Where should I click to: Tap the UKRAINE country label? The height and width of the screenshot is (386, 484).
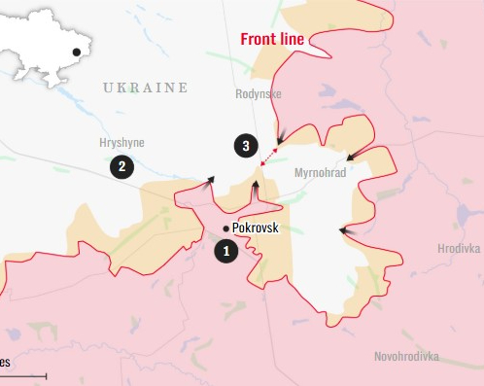click(145, 88)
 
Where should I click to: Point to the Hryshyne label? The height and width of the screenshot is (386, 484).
click(121, 142)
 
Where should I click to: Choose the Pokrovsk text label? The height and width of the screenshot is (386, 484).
click(258, 228)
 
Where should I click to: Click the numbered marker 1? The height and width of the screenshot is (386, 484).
click(226, 251)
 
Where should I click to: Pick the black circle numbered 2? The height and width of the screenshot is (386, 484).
click(121, 166)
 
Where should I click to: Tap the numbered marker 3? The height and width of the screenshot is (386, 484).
click(246, 147)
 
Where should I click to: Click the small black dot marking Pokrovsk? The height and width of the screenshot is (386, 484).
click(226, 228)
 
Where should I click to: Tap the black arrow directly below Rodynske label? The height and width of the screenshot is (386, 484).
click(280, 138)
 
